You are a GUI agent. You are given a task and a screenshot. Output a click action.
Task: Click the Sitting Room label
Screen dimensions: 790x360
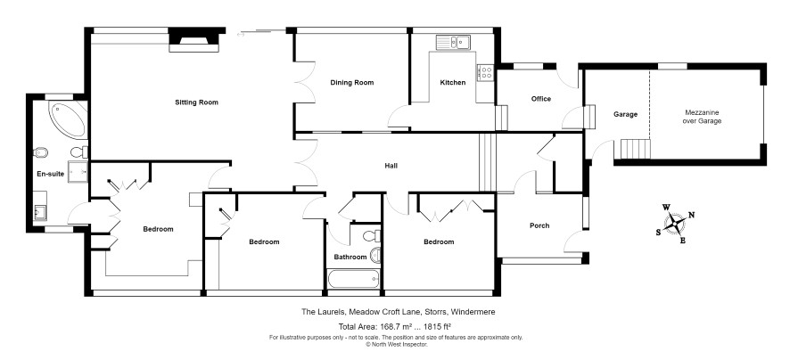click(196, 102)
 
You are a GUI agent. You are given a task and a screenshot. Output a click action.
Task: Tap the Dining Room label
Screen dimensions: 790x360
click(352, 83)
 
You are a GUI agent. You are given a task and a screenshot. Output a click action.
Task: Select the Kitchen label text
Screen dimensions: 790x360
click(453, 83)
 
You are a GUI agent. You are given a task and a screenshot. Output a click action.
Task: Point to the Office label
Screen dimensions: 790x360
click(541, 99)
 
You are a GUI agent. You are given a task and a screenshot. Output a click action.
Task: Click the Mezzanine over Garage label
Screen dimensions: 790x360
click(702, 117)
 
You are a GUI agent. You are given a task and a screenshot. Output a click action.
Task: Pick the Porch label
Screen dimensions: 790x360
click(539, 225)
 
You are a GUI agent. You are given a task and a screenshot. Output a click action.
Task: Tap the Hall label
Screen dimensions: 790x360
click(391, 166)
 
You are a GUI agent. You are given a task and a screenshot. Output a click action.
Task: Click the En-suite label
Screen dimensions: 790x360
click(51, 175)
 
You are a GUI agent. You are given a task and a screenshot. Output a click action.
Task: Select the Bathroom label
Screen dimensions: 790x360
click(350, 258)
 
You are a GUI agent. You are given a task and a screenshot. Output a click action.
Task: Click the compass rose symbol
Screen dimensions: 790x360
click(675, 223)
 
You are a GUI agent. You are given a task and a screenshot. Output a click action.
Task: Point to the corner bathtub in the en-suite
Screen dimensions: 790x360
click(68, 119)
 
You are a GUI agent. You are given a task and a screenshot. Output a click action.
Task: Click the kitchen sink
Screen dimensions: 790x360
click(453, 42)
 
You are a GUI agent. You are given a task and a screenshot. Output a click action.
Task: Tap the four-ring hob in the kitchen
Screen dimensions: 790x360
click(486, 72)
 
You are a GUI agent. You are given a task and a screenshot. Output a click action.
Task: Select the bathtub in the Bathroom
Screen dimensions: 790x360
click(353, 279)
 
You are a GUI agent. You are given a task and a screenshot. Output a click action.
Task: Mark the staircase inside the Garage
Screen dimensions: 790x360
click(635, 149)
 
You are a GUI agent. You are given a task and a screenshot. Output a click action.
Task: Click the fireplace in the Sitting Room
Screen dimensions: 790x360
click(194, 40)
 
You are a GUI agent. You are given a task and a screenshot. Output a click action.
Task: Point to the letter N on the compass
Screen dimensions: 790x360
click(692, 215)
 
